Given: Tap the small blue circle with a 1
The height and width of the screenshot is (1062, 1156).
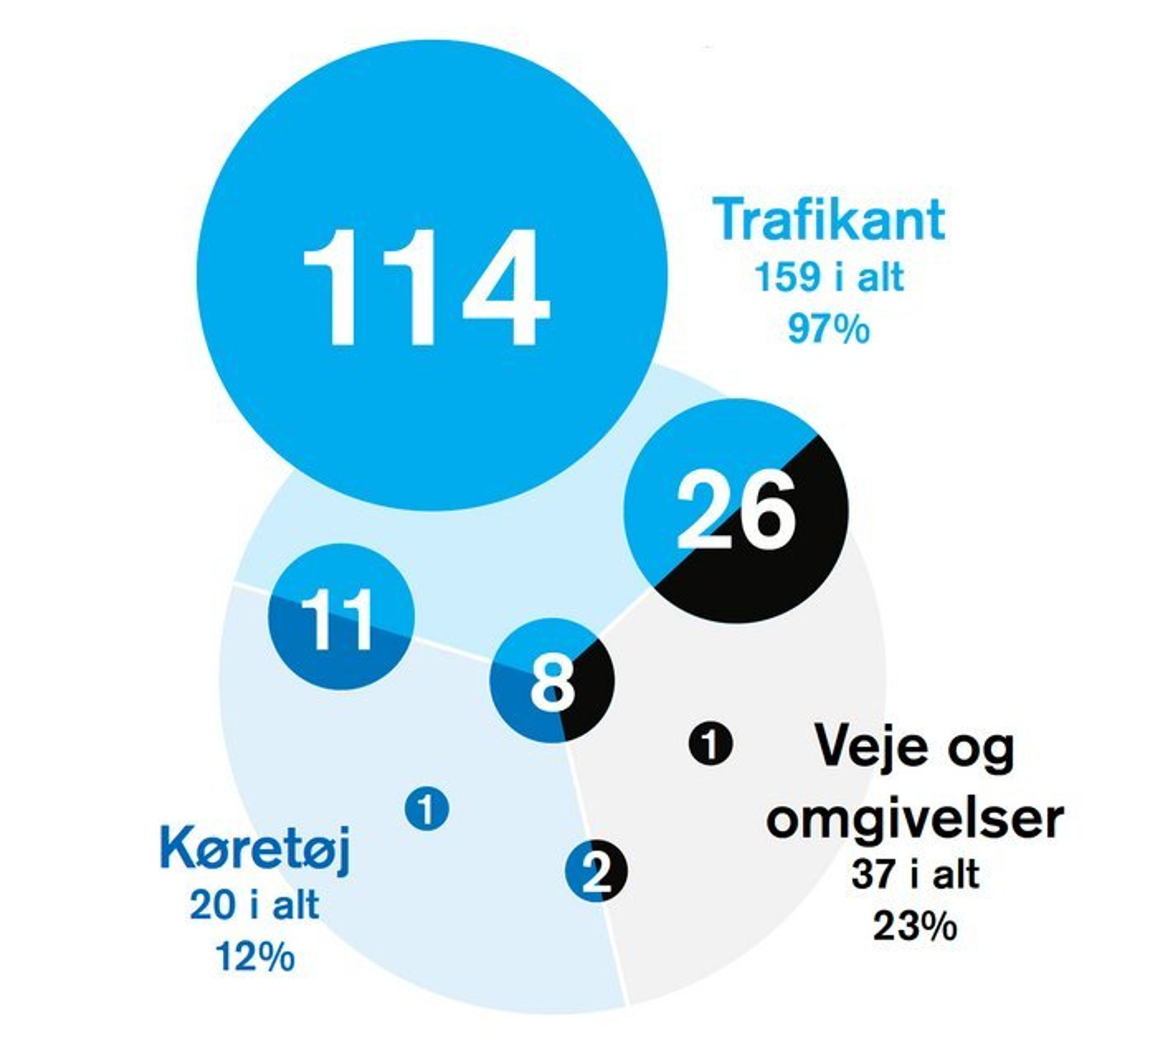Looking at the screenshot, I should point(426,809).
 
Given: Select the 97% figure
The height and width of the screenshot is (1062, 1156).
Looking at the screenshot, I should point(828,330).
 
